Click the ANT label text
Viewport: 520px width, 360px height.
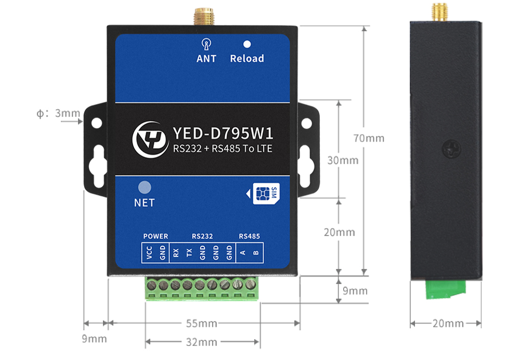click(206, 59)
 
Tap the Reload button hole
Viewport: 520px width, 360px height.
click(247, 45)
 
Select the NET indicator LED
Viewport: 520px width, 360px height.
click(144, 187)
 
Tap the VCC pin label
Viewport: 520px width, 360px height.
click(149, 253)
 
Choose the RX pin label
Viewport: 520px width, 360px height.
click(176, 253)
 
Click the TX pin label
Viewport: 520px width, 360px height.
click(189, 253)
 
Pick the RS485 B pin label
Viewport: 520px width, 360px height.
click(255, 253)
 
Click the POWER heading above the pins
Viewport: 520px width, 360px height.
click(155, 236)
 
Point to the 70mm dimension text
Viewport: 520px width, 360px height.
click(369, 138)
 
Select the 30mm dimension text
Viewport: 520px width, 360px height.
click(343, 160)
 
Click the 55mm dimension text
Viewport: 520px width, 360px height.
click(202, 324)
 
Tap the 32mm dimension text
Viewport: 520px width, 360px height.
click(202, 342)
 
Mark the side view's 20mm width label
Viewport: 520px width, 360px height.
click(448, 324)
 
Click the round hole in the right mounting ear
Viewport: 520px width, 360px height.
click(307, 123)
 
